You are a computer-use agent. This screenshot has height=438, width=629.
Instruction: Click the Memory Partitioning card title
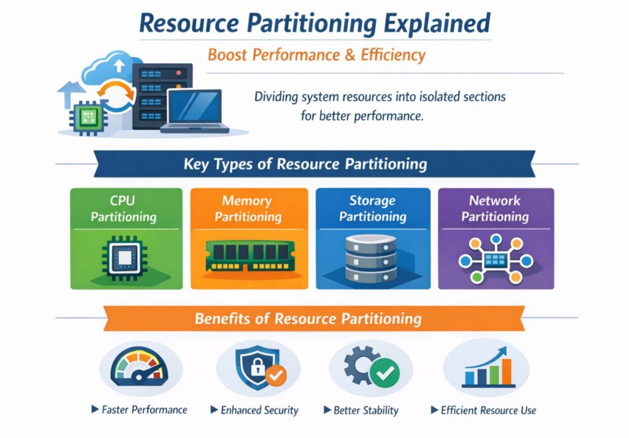(x=248, y=209)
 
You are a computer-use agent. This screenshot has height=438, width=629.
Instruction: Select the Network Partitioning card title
(x=495, y=209)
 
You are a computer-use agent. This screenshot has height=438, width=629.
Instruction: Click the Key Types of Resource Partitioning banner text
(x=305, y=164)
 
